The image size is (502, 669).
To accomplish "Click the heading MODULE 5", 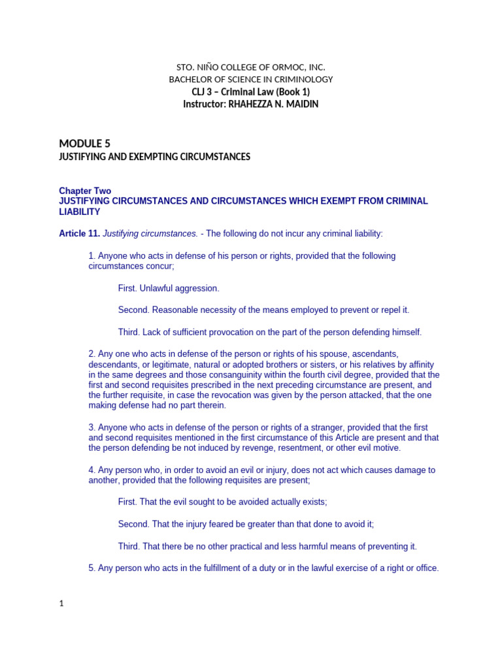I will pyautogui.click(x=80, y=144).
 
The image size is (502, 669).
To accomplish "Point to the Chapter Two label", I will pyautogui.click(x=85, y=191).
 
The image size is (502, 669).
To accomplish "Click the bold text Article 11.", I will pyautogui.click(x=79, y=233).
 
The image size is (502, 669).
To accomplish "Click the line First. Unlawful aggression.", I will pyautogui.click(x=169, y=288).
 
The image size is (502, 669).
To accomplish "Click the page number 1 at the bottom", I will pyautogui.click(x=61, y=604).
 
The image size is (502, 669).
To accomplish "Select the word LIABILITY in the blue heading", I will pyautogui.click(x=80, y=212).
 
